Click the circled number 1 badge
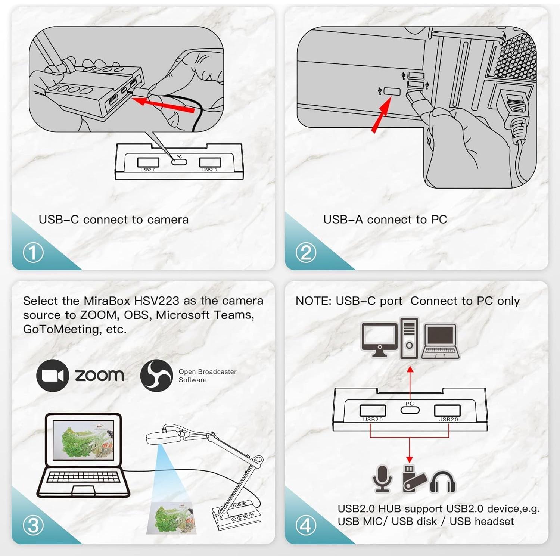(33, 253)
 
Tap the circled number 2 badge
(306, 253)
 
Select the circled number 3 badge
(33, 526)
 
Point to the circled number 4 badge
(306, 526)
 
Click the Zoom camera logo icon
(53, 376)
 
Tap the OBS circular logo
(156, 376)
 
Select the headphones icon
(443, 482)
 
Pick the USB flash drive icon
(413, 479)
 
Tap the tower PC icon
(409, 338)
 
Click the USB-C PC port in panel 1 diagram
(179, 162)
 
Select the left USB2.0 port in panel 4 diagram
(373, 410)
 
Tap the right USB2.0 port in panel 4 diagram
(447, 410)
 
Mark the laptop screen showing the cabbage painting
(83, 441)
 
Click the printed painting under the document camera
(172, 517)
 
